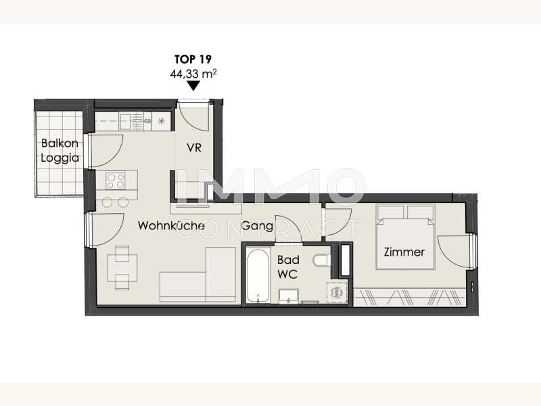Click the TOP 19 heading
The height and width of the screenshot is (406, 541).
(193, 60)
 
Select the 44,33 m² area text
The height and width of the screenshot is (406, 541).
(193, 74)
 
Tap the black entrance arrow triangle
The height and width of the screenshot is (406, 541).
(193, 86)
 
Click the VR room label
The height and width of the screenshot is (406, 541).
(194, 148)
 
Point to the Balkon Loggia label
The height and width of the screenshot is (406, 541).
(60, 150)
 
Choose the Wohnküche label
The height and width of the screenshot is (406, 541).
(171, 225)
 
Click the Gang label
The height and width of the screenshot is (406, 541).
(258, 226)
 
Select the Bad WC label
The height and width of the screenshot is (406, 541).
(288, 267)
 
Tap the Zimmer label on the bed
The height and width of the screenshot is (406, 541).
(404, 252)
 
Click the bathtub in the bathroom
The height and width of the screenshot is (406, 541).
(258, 276)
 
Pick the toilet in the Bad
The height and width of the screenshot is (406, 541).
(323, 261)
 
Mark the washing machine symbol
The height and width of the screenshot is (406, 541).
(337, 293)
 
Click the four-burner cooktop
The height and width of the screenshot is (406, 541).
(116, 181)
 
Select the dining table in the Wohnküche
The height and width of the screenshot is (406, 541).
(122, 267)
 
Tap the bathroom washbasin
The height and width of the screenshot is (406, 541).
(288, 296)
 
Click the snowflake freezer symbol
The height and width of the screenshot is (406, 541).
(161, 121)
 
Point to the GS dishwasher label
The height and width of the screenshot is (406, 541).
(147, 122)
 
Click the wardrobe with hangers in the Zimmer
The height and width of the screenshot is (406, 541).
(410, 296)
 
